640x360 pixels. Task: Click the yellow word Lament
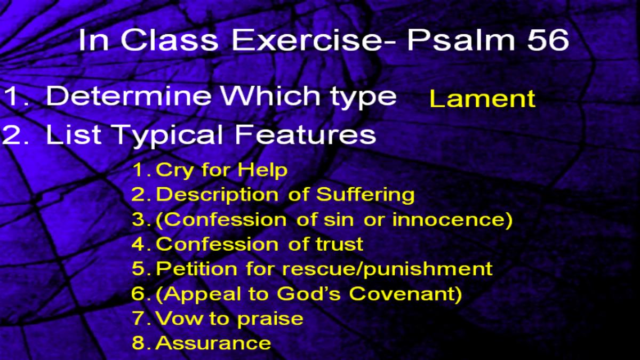[x=482, y=99]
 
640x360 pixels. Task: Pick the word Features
[x=305, y=134]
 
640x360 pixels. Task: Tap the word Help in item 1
[x=262, y=170]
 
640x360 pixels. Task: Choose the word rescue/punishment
[x=387, y=270]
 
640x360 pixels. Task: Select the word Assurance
[x=213, y=343]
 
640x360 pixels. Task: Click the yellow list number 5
[x=139, y=269]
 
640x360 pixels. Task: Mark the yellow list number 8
[x=139, y=343]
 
